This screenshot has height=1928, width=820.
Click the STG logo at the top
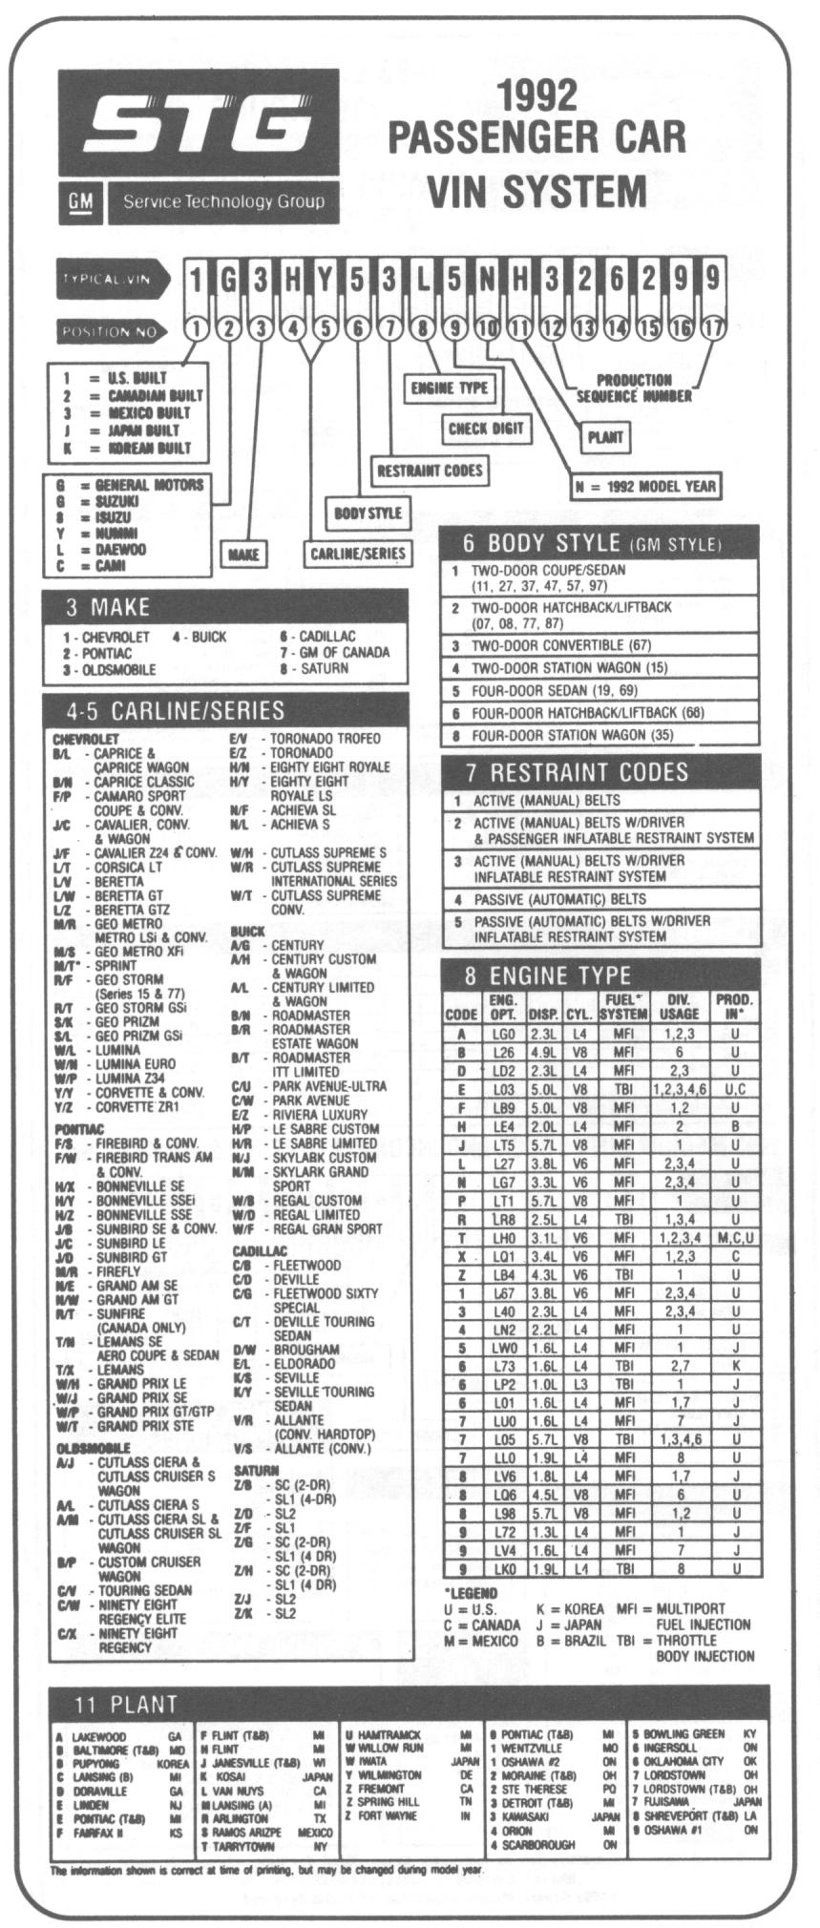tap(200, 125)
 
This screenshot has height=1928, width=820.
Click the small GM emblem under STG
tap(80, 200)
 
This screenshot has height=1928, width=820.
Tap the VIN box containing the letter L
tap(422, 281)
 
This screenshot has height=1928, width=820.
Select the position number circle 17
tap(712, 328)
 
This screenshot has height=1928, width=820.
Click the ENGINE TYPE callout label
tap(449, 388)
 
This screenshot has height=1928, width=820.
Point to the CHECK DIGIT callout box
tap(486, 429)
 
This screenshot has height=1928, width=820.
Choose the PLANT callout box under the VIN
tap(605, 438)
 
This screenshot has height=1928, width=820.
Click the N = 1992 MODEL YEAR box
tap(645, 486)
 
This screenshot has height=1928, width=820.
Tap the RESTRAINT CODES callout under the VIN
tap(429, 470)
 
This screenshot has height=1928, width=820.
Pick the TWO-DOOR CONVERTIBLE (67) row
tap(599, 645)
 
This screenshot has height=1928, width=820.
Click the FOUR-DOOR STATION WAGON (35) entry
tap(599, 736)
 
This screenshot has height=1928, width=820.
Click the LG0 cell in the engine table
tap(503, 1034)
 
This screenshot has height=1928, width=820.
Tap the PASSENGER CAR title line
tap(536, 136)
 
